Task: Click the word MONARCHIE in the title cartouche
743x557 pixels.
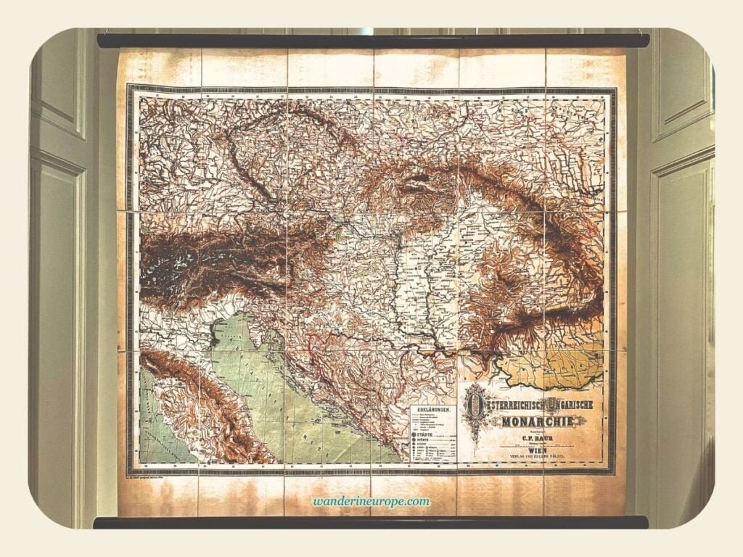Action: tap(535, 422)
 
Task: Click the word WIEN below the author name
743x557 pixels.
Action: tap(535, 450)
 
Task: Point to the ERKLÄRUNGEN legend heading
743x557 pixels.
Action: tap(433, 410)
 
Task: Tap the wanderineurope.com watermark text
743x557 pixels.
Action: tap(372, 501)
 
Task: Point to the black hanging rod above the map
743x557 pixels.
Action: tap(372, 41)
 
